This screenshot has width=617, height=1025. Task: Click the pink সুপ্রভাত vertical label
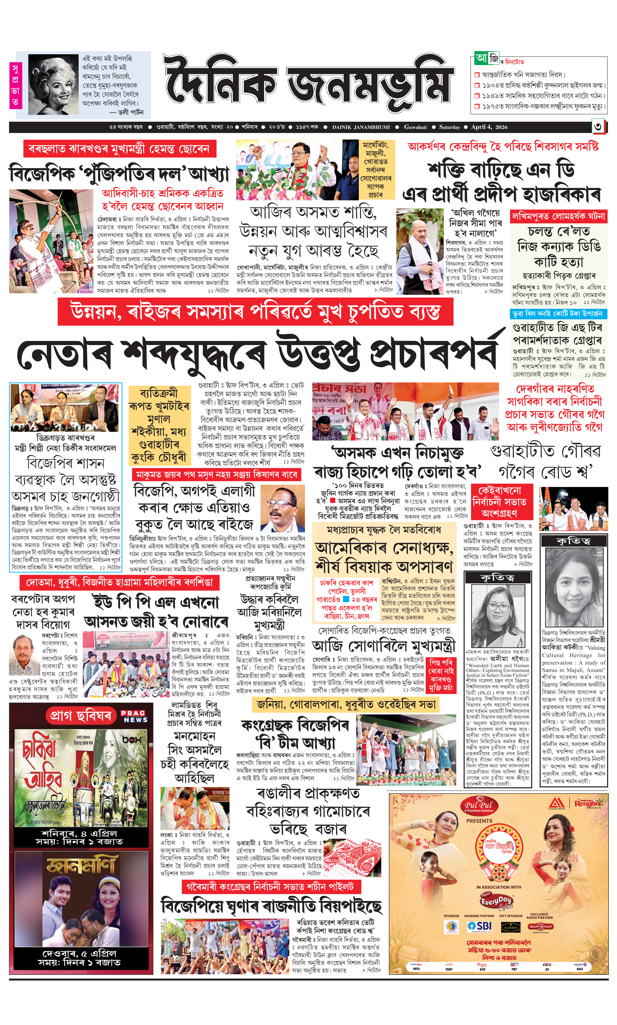coord(15,85)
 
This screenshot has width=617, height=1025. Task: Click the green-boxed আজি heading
coord(487,58)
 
